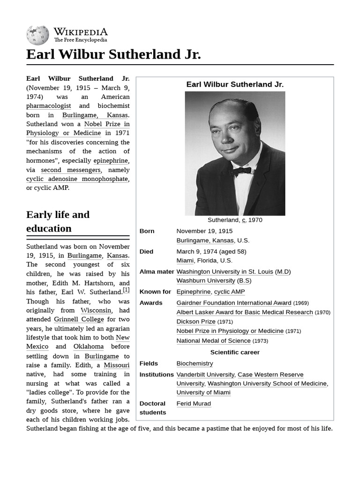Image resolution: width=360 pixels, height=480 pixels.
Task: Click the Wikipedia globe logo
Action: click(37, 35)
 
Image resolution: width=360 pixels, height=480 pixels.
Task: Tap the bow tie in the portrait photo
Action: click(240, 171)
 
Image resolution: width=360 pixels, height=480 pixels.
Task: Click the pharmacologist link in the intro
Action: click(49, 106)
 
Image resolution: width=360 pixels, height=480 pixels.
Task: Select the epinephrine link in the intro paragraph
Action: click(110, 161)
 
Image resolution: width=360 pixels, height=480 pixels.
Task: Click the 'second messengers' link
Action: click(71, 170)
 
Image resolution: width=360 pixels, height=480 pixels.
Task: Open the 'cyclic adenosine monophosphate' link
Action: click(77, 179)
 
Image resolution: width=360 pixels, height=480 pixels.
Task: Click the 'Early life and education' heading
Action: click(58, 222)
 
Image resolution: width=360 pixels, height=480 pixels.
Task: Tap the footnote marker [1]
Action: click(126, 290)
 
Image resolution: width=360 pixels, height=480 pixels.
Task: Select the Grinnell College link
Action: click(79, 319)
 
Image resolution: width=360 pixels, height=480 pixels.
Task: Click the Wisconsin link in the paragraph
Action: click(96, 310)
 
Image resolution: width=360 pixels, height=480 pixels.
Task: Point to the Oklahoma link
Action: click(89, 346)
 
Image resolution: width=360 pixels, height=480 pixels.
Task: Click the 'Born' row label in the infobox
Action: click(147, 231)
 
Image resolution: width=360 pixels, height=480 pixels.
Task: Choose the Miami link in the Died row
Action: click(185, 261)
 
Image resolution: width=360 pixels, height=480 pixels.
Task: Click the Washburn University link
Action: click(206, 280)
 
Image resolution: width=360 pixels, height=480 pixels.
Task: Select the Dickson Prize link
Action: click(196, 322)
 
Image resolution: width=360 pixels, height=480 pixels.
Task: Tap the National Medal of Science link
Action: click(213, 341)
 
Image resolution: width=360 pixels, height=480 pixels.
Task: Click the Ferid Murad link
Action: click(194, 404)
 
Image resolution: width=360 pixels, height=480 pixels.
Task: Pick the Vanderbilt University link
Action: click(205, 375)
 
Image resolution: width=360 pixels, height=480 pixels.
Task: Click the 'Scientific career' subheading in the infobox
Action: click(235, 352)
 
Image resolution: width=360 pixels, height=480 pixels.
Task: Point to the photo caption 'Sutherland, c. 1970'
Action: click(235, 220)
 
